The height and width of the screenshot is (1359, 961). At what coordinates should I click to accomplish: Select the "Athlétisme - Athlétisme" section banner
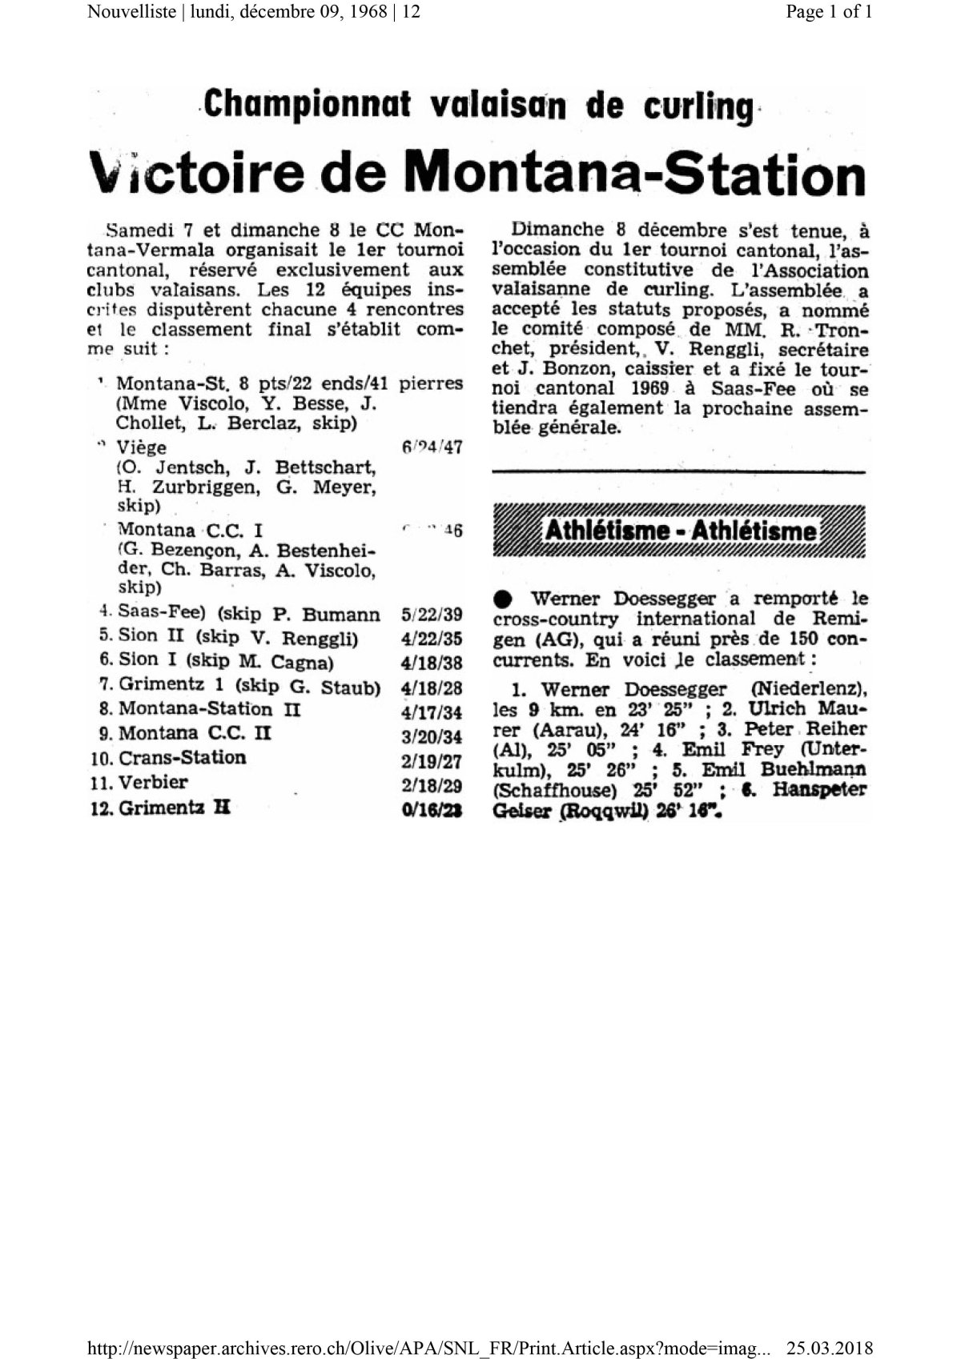[x=681, y=531]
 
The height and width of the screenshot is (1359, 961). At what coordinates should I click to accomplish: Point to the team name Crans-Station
[x=182, y=757]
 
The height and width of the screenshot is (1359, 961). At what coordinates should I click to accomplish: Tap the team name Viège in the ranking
[x=142, y=447]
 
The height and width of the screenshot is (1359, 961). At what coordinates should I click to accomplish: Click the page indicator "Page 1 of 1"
[x=829, y=12]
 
